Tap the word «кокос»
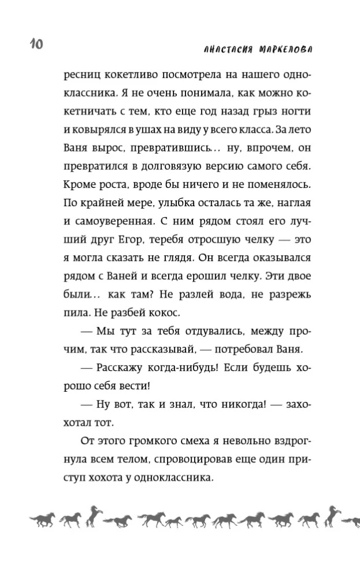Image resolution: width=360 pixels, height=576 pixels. click(x=164, y=314)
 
